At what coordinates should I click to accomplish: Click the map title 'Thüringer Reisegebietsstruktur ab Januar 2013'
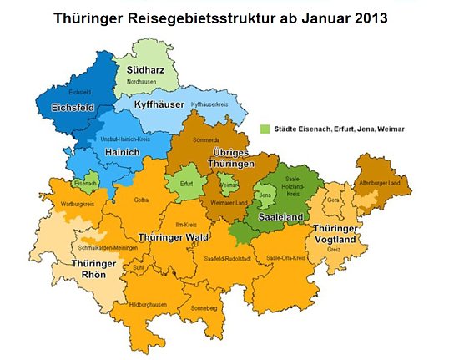pyautogui.click(x=232, y=18)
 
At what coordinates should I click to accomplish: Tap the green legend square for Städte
pyautogui.click(x=265, y=129)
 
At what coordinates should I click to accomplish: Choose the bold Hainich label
pyautogui.click(x=123, y=153)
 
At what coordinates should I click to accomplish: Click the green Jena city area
pyautogui.click(x=265, y=197)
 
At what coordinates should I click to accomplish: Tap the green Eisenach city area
pyautogui.click(x=84, y=183)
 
